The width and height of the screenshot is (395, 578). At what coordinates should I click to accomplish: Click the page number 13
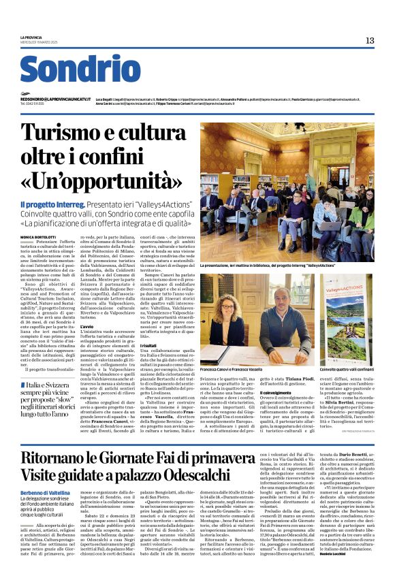click(370, 41)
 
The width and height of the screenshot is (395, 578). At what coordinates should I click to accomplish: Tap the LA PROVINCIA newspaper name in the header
click(31, 37)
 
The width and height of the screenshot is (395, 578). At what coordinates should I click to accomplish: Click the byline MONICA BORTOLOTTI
click(39, 237)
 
